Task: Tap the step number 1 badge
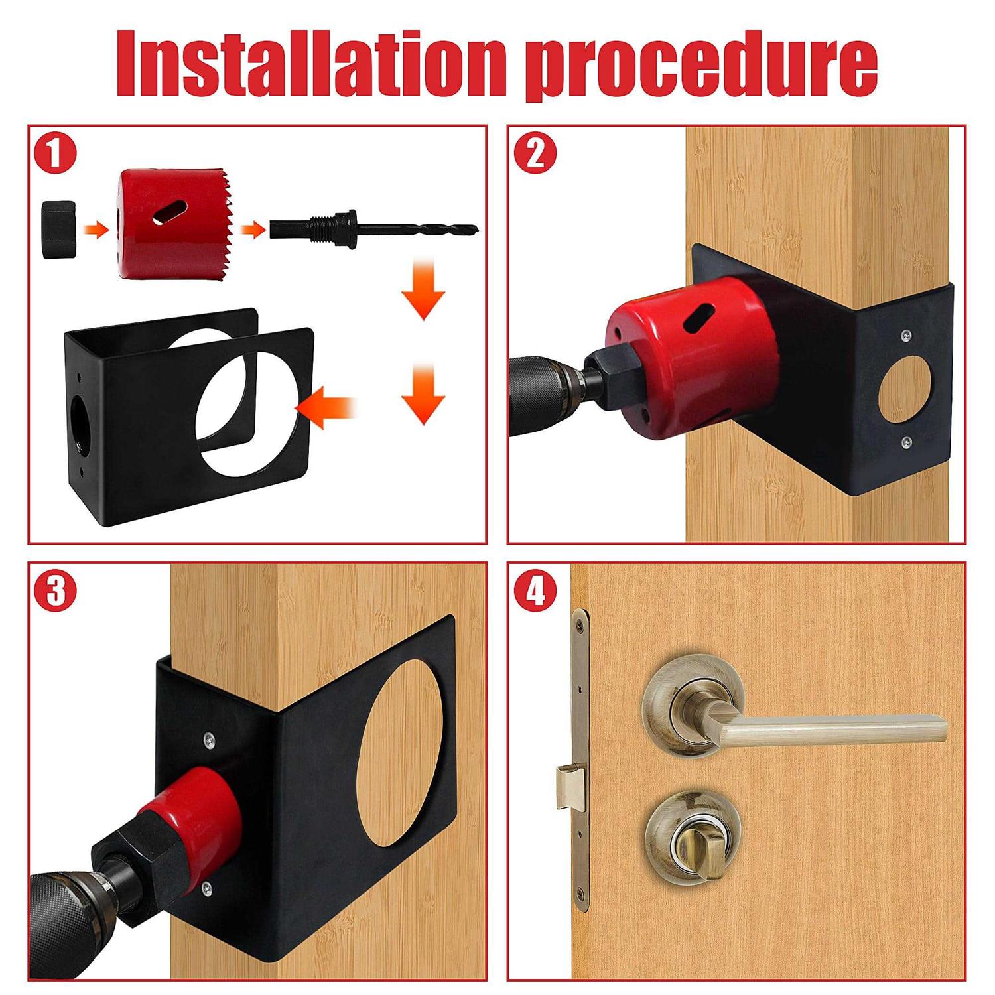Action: (x=56, y=154)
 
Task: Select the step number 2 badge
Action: (x=535, y=154)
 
